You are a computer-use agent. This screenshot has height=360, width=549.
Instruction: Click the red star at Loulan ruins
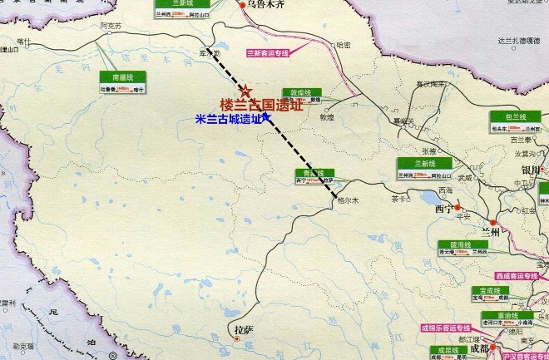pos(245,91)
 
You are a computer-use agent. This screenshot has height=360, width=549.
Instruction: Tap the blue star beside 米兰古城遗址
pos(265,117)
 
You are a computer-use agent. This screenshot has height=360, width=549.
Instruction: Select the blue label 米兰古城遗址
pos(227,120)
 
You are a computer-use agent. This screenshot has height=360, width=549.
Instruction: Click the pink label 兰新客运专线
pos(268,52)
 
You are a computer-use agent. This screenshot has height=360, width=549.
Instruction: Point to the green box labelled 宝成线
pos(489,289)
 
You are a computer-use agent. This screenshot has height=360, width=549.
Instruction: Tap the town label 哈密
pos(341,44)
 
